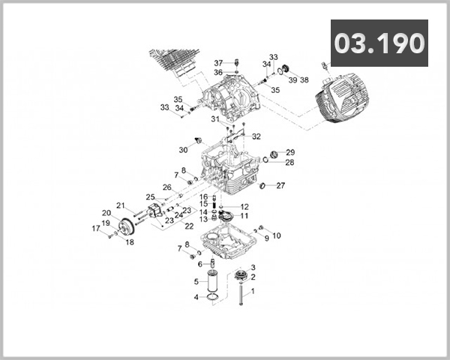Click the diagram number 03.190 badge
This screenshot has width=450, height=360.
[379, 43]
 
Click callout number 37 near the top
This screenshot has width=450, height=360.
[218, 62]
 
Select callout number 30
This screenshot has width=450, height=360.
[183, 150]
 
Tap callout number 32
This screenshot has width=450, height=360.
[256, 136]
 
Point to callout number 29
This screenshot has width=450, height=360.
[290, 152]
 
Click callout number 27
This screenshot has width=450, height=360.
[280, 185]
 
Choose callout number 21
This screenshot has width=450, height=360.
[121, 205]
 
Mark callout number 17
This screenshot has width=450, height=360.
[96, 229]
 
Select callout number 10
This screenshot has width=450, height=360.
[276, 235]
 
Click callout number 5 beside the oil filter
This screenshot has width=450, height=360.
[196, 282]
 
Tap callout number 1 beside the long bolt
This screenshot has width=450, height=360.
[253, 291]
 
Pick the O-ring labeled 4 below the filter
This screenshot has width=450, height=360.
[212, 299]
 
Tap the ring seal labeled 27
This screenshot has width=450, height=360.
[262, 186]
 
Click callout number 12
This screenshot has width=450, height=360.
[244, 206]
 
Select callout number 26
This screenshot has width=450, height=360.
[167, 187]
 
